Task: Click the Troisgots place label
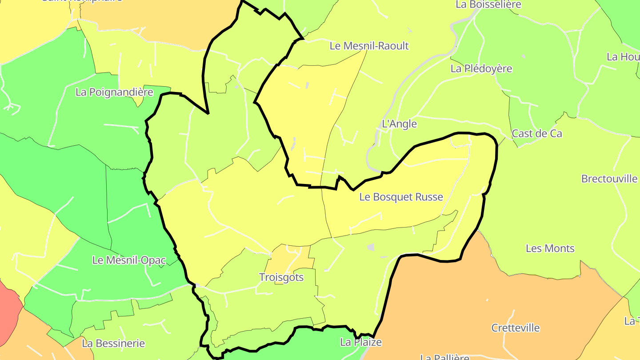pos(281,277)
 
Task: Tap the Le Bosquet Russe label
pos(401,197)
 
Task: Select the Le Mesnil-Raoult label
pos(369,46)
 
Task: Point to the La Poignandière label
pos(114,92)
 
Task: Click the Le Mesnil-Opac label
pos(129,260)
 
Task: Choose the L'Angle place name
pos(399,124)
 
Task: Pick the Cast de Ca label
pos(537,133)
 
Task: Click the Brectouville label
pos(609,179)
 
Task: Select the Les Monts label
pos(550,248)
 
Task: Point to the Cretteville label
pos(515,328)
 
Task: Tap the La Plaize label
pos(360,342)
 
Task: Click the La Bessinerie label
pos(113,343)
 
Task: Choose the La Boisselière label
pos(488,4)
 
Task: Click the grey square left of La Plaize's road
pos(371,247)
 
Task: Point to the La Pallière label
pos(445,357)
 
